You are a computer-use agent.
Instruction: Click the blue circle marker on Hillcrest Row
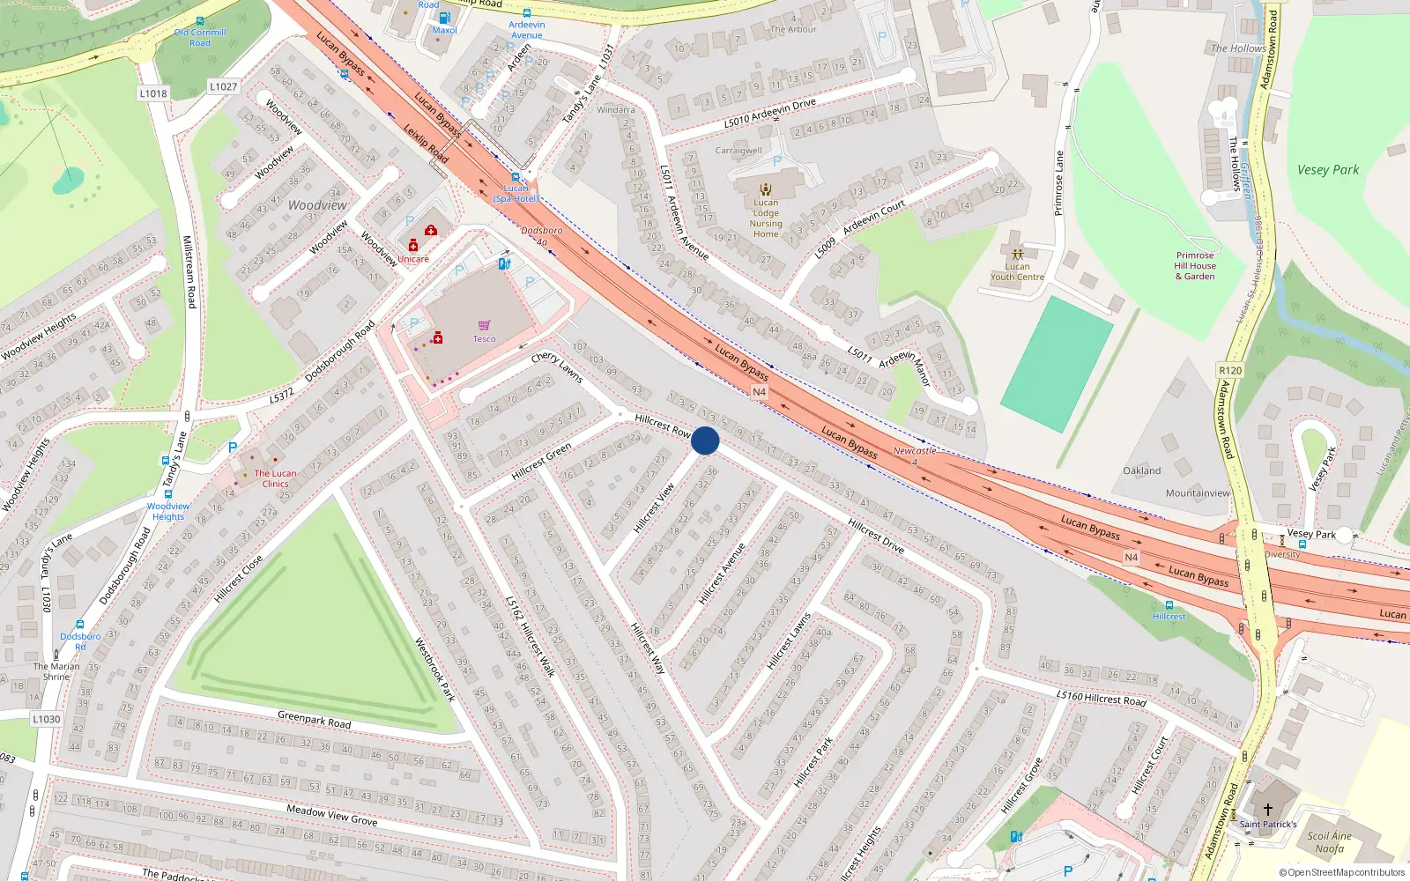pyautogui.click(x=705, y=440)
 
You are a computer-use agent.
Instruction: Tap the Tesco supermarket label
pyautogui.click(x=484, y=339)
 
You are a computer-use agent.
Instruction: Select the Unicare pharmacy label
pyautogui.click(x=413, y=259)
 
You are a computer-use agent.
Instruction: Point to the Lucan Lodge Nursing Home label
pyautogui.click(x=766, y=218)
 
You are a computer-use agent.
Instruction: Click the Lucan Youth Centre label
pyautogui.click(x=1017, y=271)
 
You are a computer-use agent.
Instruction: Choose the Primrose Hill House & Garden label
pyautogui.click(x=1195, y=266)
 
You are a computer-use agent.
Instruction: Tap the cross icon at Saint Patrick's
pyautogui.click(x=1268, y=809)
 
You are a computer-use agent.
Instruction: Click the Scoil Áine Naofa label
pyautogui.click(x=1330, y=842)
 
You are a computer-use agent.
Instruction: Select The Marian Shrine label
pyautogui.click(x=56, y=671)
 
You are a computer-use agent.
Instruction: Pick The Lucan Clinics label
pyautogui.click(x=275, y=478)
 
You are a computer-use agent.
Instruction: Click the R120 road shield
pyautogui.click(x=1230, y=371)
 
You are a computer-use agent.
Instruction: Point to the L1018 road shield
pyautogui.click(x=152, y=93)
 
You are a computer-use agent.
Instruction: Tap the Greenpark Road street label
pyautogui.click(x=314, y=720)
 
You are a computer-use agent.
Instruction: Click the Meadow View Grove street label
pyautogui.click(x=331, y=815)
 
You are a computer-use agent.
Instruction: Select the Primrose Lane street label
pyautogui.click(x=1059, y=183)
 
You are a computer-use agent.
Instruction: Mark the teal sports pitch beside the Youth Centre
pyautogui.click(x=1057, y=364)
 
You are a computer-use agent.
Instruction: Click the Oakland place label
pyautogui.click(x=1142, y=471)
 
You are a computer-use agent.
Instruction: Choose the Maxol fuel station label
pyautogui.click(x=445, y=30)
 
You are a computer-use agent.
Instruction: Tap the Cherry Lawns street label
pyautogui.click(x=557, y=366)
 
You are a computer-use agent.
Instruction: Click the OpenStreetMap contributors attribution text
pyautogui.click(x=1342, y=873)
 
